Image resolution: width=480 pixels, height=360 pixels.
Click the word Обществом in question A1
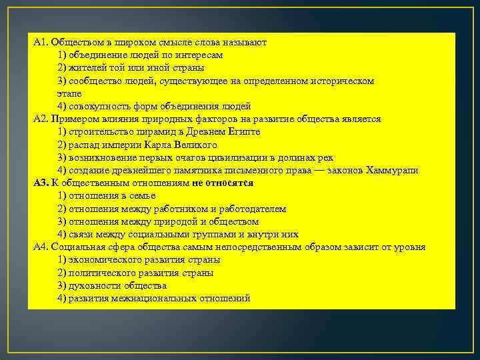pyautogui.click(x=73, y=42)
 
